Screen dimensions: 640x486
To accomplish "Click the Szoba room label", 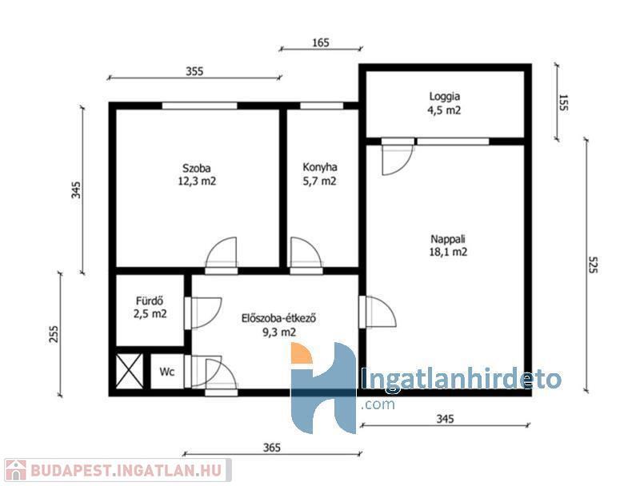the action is coord(197,174).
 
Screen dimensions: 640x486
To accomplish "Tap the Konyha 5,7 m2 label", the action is coord(319,174).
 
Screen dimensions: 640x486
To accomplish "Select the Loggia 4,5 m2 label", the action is coord(444,103).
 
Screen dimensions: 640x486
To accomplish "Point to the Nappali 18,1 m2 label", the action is coord(448,245).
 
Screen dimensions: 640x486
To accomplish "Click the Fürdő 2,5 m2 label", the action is coord(150,307).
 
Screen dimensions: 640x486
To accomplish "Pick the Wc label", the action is coord(167,372).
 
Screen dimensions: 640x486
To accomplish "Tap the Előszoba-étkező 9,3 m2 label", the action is coord(279,325).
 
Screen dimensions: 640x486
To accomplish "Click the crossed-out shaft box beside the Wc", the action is coord(130,371).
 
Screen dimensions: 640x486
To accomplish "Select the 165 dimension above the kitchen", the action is coord(321,43).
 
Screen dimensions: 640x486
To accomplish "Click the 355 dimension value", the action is coord(194,71).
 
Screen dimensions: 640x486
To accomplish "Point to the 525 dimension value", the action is coord(593,265).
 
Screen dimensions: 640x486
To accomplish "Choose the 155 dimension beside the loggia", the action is coord(563,103).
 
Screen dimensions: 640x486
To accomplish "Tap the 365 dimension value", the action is coord(272,448).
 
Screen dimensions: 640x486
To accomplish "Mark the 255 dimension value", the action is coord(54,334).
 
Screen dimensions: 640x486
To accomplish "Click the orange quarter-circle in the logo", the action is coord(302,353).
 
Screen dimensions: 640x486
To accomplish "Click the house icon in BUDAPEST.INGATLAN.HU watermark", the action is coord(15,470).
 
